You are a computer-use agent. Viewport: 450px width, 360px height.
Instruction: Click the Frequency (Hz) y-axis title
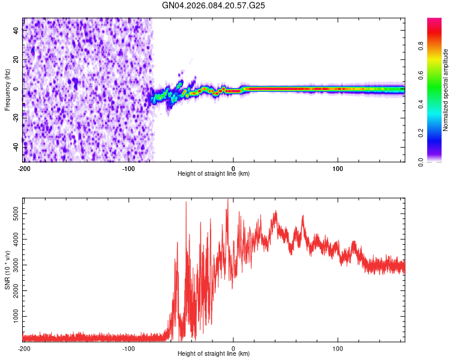click(x=7, y=90)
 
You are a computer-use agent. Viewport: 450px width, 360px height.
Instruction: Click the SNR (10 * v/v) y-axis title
click(x=7, y=269)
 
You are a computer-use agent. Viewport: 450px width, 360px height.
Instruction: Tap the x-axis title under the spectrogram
click(x=214, y=173)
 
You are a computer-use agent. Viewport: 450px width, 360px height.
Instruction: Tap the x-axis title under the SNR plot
click(x=214, y=353)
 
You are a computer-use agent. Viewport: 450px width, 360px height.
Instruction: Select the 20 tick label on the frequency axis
click(x=16, y=59)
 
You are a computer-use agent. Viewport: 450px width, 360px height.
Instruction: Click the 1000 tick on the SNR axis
click(x=13, y=316)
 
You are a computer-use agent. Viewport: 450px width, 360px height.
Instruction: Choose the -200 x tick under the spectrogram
click(x=24, y=167)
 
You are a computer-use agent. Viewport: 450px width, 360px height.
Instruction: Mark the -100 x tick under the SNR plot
click(x=128, y=347)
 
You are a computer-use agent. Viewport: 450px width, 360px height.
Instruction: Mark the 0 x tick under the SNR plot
click(x=233, y=347)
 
